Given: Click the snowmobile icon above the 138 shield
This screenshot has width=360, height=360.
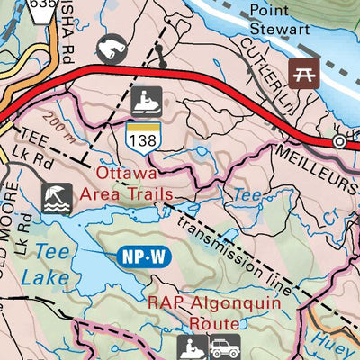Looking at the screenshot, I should [145, 102].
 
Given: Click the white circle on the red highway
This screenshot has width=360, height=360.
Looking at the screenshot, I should [339, 141].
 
